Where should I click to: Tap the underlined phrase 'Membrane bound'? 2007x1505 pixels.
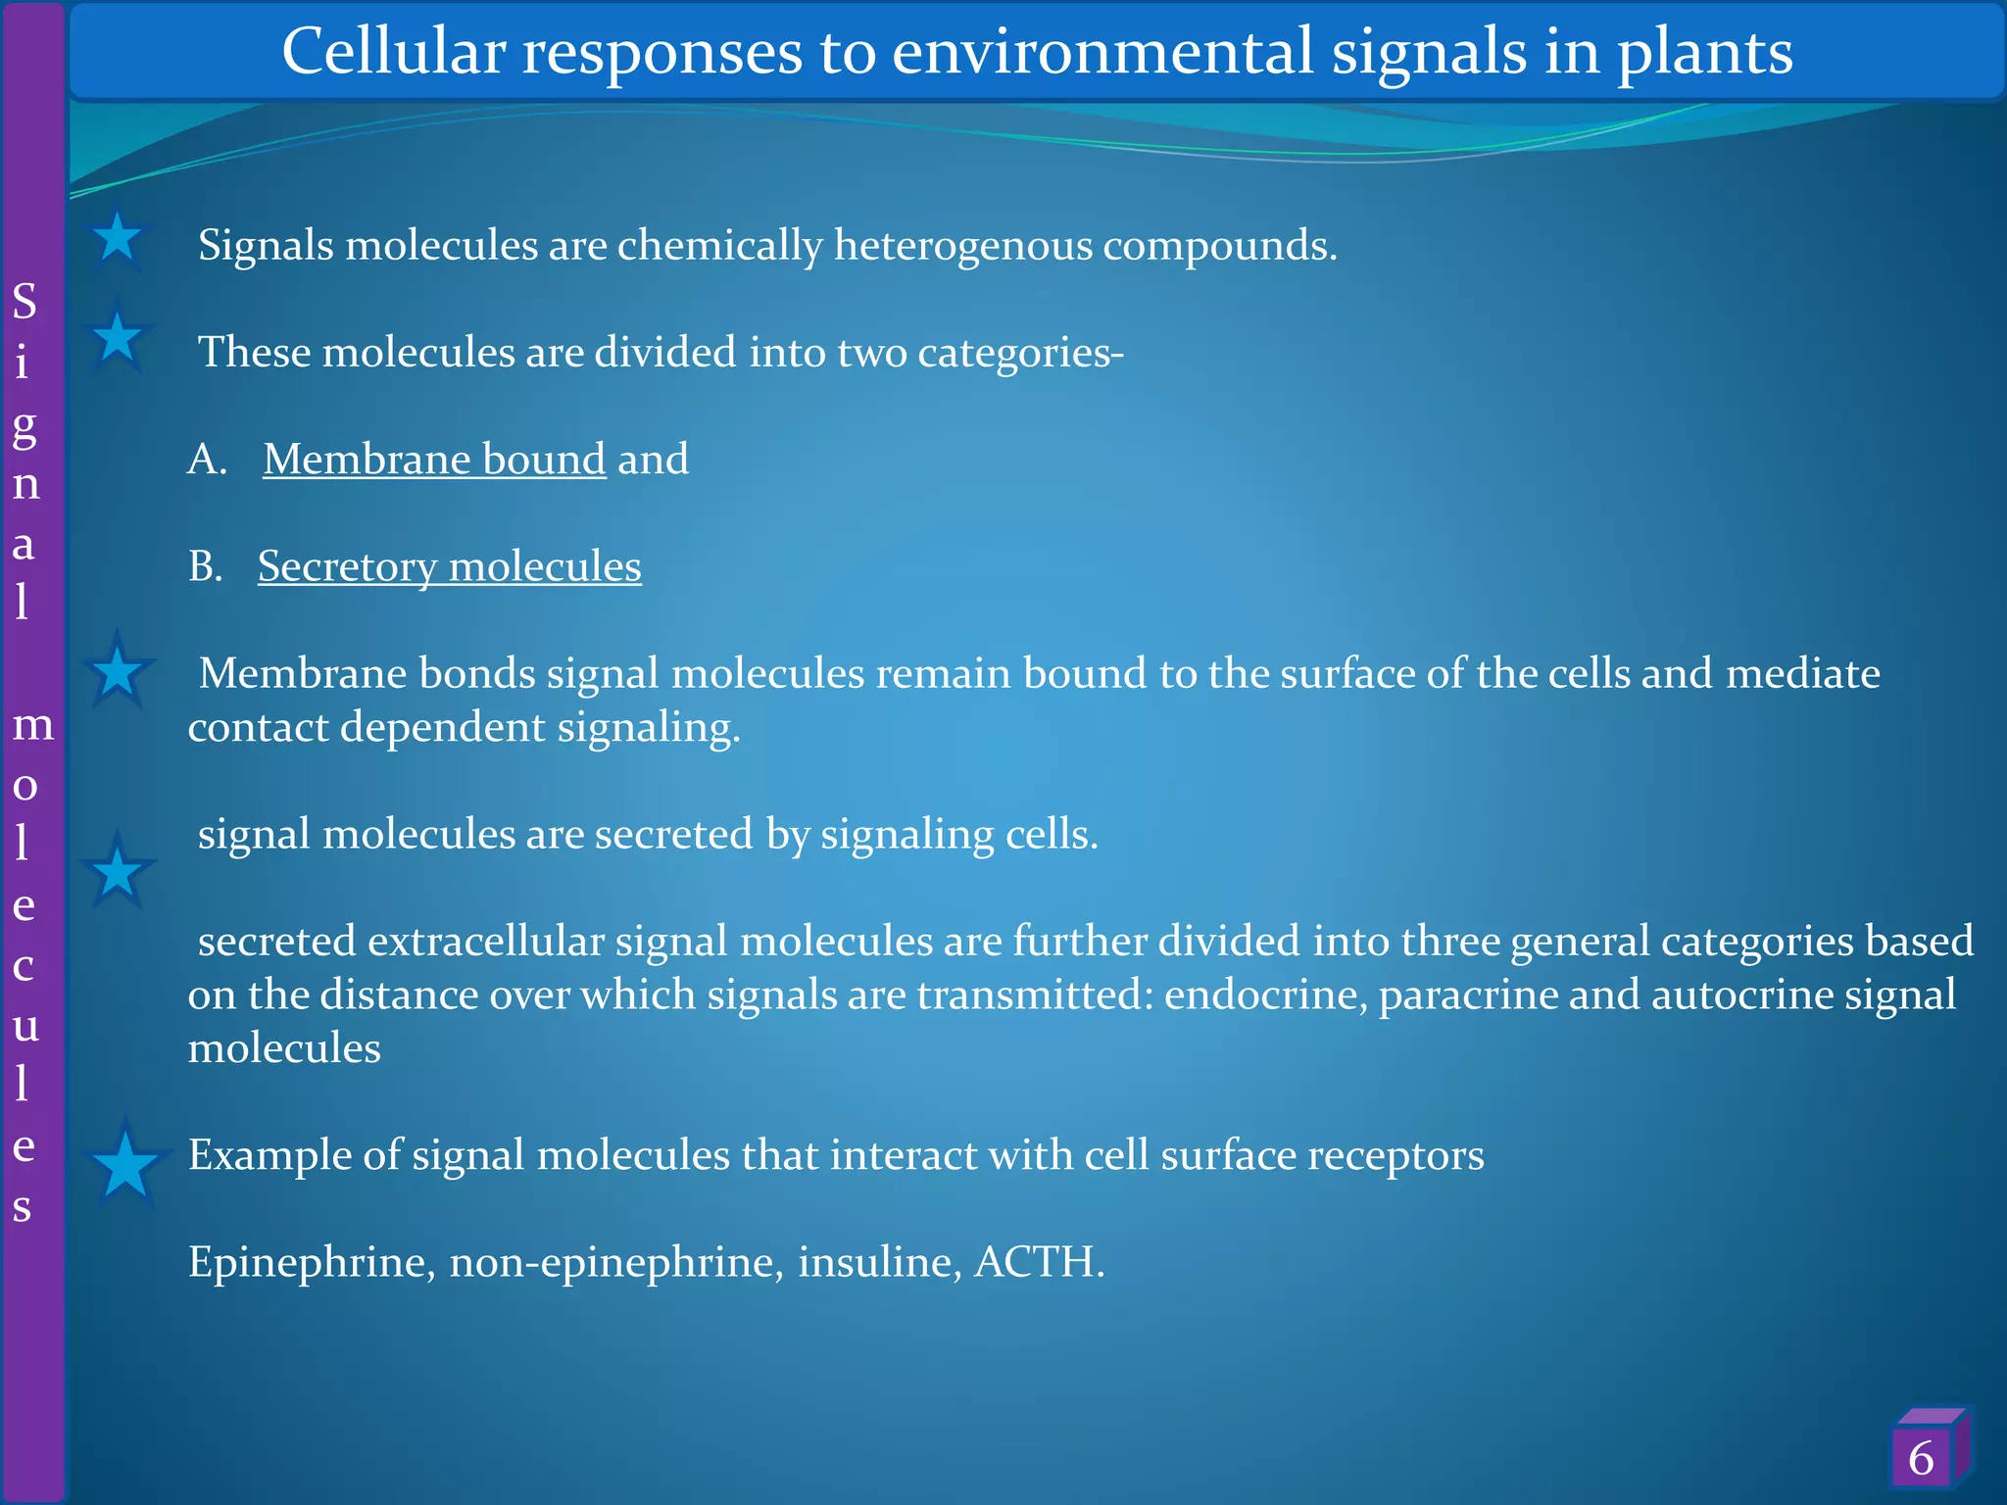tap(434, 460)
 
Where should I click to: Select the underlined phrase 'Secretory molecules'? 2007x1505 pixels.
tap(449, 566)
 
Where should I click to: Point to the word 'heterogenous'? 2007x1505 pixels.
tap(962, 245)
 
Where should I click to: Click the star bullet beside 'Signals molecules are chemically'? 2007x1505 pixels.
tap(118, 238)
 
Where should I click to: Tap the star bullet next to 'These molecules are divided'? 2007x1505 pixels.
tap(118, 337)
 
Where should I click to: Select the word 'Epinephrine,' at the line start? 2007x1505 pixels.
tap(312, 1262)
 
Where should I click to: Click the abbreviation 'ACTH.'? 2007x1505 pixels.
tap(1039, 1262)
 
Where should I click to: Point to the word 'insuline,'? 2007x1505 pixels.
tap(880, 1262)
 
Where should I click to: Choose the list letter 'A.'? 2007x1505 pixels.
tap(208, 460)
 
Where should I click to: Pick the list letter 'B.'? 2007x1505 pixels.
tap(206, 566)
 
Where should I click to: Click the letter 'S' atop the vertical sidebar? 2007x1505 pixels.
tap(24, 302)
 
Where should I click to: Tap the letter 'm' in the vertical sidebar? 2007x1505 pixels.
tap(32, 725)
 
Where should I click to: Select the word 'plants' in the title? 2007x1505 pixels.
tap(1704, 51)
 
